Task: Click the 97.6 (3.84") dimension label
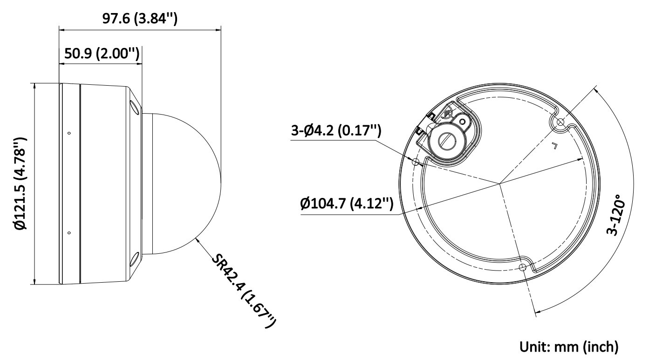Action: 140,19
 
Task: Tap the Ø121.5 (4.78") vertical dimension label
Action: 21,183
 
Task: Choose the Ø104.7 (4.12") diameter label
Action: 347,204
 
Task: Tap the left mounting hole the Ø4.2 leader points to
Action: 417,162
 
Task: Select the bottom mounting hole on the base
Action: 523,267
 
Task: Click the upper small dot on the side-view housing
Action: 69,134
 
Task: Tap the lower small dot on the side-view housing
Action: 69,233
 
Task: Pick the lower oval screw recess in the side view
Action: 134,258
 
